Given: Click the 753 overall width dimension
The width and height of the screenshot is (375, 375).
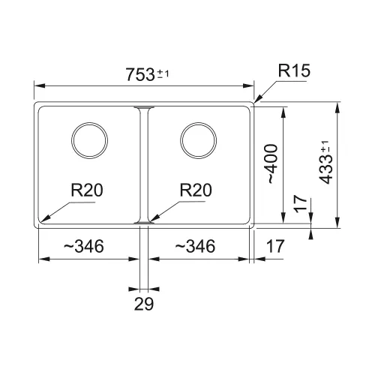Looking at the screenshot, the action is coord(140,74).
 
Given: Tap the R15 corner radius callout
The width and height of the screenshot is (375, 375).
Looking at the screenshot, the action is coord(294,70).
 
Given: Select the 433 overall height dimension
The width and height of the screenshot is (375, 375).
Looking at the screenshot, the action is coord(326,169).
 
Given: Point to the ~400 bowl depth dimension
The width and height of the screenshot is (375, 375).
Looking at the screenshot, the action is coord(272,163).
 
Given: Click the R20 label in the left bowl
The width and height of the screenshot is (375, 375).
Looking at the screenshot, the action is coord(87,190).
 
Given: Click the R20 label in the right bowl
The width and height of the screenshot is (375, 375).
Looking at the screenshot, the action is coord(196,190).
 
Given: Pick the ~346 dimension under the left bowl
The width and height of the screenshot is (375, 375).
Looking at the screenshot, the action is coord(84,246).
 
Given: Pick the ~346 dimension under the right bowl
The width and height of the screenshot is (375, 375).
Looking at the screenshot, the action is coord(195,246).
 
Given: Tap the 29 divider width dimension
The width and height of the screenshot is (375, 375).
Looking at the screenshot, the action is coord(144,304).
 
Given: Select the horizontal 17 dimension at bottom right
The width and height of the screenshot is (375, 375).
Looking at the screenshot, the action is coord(275,246).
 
